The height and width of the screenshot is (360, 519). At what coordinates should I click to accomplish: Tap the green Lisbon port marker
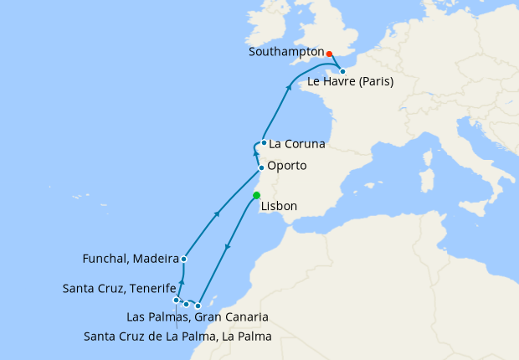[257, 196]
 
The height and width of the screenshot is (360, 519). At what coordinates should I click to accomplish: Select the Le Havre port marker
[342, 71]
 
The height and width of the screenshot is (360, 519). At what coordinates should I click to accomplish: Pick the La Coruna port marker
[264, 142]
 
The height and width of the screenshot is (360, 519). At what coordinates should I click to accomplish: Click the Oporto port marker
[261, 168]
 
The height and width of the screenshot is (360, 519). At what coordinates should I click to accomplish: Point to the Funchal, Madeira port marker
[183, 259]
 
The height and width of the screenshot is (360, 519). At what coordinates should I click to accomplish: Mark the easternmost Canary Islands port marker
[198, 306]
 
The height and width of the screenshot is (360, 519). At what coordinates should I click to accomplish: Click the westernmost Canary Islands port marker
[176, 300]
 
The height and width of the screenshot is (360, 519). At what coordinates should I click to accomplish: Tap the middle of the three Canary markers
[186, 304]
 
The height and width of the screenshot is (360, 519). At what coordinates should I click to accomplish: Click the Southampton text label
[285, 51]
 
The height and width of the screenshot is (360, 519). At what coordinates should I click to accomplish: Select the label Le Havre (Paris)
[351, 82]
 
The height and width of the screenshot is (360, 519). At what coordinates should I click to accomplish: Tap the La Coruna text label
[297, 144]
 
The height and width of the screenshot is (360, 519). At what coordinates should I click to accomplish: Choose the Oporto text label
[287, 166]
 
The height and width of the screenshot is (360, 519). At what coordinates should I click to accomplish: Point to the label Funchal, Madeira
[131, 259]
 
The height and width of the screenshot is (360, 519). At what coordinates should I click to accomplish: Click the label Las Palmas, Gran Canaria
[197, 317]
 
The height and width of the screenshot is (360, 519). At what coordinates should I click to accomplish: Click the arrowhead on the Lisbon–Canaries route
[227, 249]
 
